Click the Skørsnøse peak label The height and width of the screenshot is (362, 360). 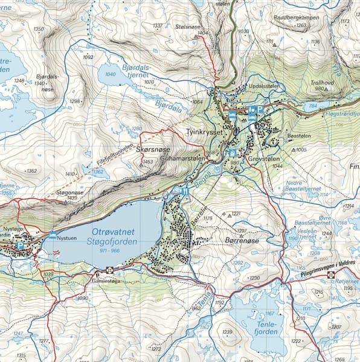[x=153, y=149]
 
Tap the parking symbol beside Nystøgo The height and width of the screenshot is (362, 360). [x=20, y=246]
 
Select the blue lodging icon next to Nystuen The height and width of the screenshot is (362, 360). [x=53, y=235]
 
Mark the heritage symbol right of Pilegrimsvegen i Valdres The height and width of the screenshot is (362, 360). [x=331, y=275]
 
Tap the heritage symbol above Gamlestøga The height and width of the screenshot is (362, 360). [x=109, y=270]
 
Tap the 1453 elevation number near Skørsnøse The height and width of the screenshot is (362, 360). [x=148, y=162]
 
